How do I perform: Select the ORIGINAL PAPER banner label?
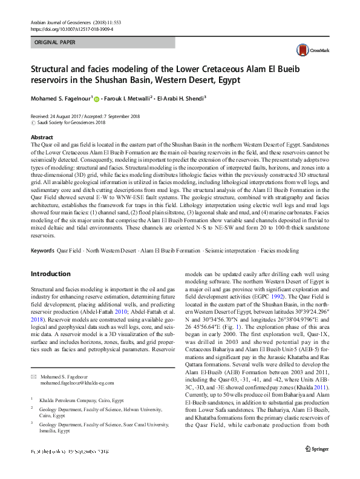[55, 43]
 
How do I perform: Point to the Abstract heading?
[42, 138]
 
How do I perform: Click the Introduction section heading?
[51, 274]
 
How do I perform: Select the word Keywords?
[42, 250]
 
